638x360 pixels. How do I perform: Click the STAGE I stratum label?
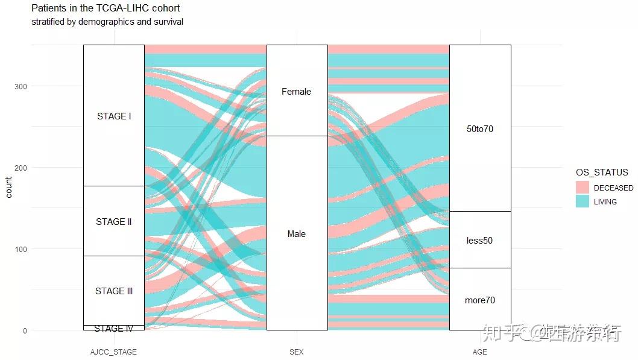pos(113,116)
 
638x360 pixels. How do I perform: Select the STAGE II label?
pos(113,222)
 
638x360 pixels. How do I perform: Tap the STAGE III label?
pos(113,291)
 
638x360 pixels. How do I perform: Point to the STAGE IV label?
pos(113,329)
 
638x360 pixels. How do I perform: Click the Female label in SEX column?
pos(296,92)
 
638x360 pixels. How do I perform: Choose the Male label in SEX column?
pos(296,234)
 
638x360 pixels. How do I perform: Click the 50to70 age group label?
pos(480,129)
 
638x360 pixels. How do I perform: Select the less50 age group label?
pos(480,241)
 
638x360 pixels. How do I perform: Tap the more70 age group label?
pos(480,300)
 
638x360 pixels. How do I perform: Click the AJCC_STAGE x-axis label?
pos(113,352)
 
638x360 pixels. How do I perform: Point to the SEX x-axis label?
pos(296,352)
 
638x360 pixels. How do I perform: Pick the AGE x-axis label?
pos(480,352)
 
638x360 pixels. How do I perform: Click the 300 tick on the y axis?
pos(21,86)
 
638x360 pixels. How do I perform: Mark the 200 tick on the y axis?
pos(21,168)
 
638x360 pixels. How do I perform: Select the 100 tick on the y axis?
pos(21,249)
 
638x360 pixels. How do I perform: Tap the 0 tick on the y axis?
pos(24,330)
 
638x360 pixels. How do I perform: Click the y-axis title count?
pos(9,187)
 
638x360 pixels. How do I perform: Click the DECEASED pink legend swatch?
pos(582,188)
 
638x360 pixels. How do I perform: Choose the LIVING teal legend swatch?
pos(582,201)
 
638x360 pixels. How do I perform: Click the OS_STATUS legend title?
pos(601,173)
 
